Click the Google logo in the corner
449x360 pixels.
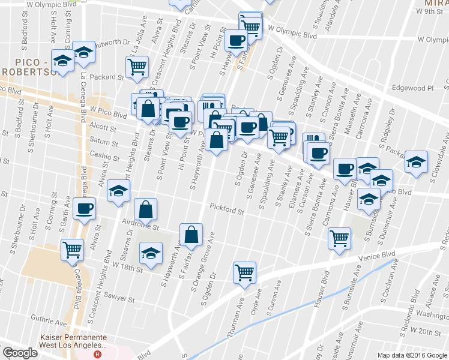click(20, 353)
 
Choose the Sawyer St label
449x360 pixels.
click(117, 298)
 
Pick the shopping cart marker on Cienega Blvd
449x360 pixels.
click(73, 248)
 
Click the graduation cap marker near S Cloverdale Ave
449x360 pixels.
click(416, 162)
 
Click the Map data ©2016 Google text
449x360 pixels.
click(412, 355)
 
